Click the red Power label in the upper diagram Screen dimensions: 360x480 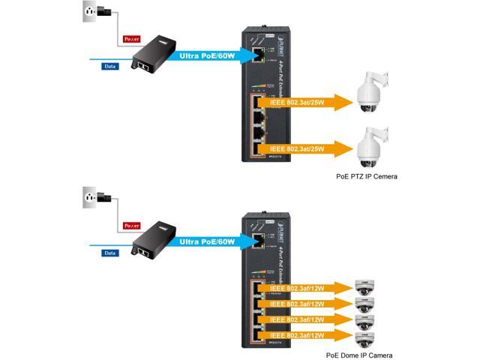pos(132,37)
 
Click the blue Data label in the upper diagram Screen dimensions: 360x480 pos(110,66)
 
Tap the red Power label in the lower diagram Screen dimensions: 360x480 pos(132,225)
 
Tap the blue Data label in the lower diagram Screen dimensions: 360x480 pos(110,253)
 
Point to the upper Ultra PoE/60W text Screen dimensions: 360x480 pos(206,55)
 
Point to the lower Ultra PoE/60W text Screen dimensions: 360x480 pos(206,241)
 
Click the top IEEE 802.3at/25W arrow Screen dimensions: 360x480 pos(300,103)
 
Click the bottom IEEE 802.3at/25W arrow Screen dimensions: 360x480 pos(300,148)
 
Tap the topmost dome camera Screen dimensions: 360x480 pos(364,287)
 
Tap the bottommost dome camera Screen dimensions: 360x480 pos(364,338)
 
